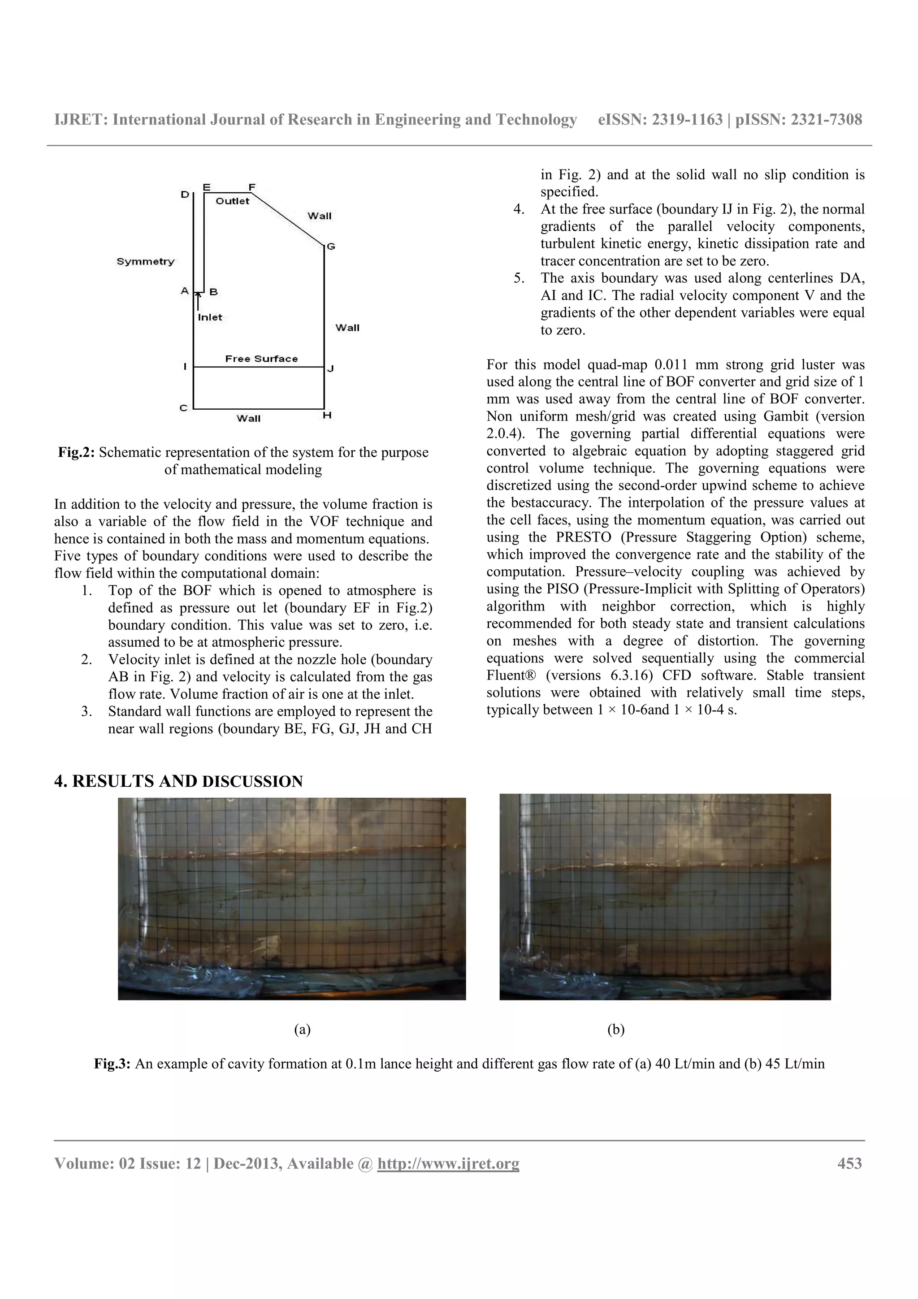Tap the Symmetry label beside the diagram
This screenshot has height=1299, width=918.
coord(145,261)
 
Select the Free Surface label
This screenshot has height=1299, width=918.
coord(261,359)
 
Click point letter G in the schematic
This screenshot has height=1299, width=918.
coord(331,247)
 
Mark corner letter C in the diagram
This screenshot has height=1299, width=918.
coord(183,408)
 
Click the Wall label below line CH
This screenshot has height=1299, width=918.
coord(248,419)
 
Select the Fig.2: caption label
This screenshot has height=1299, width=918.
coord(77,453)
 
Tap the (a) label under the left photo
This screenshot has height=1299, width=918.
coord(302,1029)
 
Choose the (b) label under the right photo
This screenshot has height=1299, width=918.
coord(615,1029)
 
